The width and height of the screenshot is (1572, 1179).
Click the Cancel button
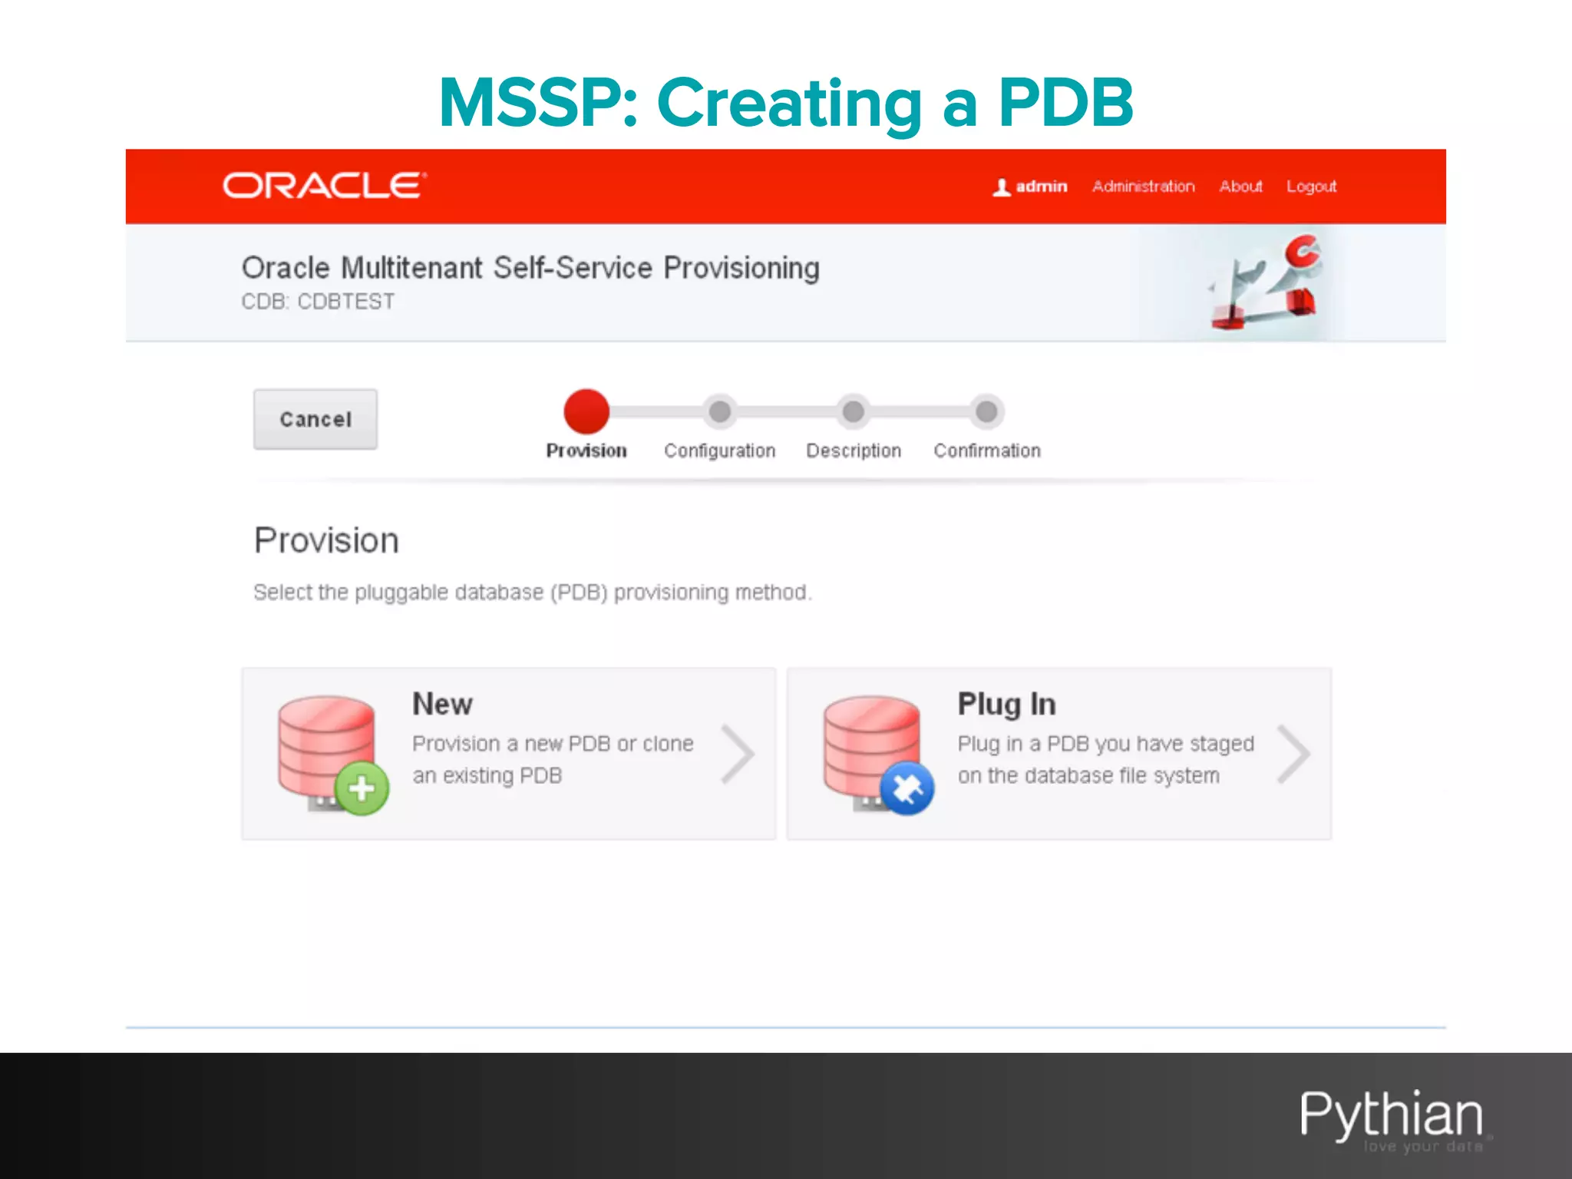(315, 419)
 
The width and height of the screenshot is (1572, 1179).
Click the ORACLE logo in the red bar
(324, 186)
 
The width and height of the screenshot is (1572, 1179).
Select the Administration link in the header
(1143, 187)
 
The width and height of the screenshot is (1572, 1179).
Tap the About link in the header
(1240, 187)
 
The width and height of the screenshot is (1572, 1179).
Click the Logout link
(1311, 187)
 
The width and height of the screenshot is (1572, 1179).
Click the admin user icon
(1001, 187)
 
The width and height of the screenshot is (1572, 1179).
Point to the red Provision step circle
(586, 411)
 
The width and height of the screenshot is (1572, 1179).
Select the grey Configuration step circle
(720, 411)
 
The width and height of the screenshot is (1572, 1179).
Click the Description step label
(853, 451)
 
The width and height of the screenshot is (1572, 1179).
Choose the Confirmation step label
(987, 451)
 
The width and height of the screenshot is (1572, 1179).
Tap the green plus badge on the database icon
(362, 788)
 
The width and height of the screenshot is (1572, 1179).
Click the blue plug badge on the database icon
(907, 788)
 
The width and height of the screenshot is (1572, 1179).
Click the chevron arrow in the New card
(738, 755)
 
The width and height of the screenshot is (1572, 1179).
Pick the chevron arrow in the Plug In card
(1293, 755)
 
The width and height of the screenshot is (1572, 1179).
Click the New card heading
(442, 704)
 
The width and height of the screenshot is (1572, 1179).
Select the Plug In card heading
(1006, 704)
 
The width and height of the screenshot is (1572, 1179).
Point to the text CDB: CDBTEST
(318, 302)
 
